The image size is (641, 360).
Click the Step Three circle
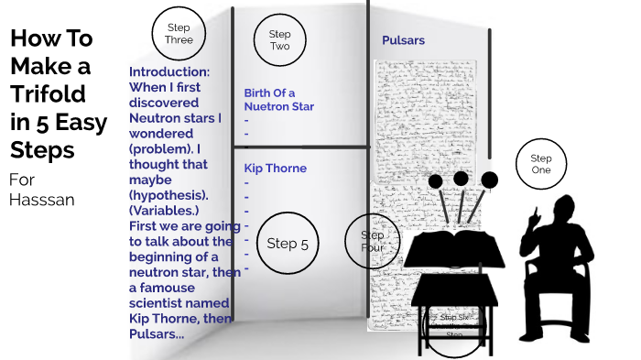(178, 34)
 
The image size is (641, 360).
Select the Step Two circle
(279, 40)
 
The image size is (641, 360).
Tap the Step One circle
(541, 165)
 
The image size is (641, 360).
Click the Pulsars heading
(403, 41)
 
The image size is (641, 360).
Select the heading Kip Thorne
(275, 169)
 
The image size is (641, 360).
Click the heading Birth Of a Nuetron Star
(278, 99)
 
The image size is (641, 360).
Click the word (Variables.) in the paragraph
(166, 212)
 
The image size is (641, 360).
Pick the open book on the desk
(455, 247)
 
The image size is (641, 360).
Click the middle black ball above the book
(461, 178)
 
